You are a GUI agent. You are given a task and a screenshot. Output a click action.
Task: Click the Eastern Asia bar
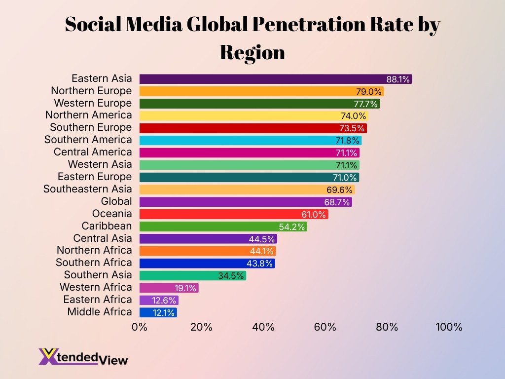(x=275, y=79)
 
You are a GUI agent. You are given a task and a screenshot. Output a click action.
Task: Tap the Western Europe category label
(x=93, y=103)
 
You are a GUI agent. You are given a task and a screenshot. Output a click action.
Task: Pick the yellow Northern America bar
(x=253, y=116)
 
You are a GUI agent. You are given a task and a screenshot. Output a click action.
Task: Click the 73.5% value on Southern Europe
(x=352, y=128)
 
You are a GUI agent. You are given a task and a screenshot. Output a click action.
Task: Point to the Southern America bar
(x=250, y=141)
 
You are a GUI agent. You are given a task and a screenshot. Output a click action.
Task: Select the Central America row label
(x=93, y=152)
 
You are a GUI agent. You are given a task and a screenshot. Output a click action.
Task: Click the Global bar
(x=246, y=202)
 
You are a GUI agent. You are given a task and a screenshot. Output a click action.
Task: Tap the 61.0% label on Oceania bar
(x=314, y=214)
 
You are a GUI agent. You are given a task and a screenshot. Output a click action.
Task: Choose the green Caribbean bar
(x=223, y=227)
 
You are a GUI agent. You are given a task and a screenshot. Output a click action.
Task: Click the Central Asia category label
(x=103, y=238)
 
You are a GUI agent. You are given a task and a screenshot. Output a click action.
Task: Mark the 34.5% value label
(x=231, y=276)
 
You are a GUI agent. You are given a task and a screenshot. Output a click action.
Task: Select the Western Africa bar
(x=169, y=288)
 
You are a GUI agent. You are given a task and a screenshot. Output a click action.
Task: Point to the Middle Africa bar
(x=158, y=312)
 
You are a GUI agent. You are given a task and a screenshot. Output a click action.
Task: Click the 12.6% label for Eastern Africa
(x=165, y=300)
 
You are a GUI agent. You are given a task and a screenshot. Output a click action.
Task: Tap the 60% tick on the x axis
(x=325, y=327)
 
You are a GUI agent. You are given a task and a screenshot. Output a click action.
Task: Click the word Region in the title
(x=252, y=51)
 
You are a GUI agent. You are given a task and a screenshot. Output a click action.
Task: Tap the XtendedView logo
(x=83, y=356)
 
